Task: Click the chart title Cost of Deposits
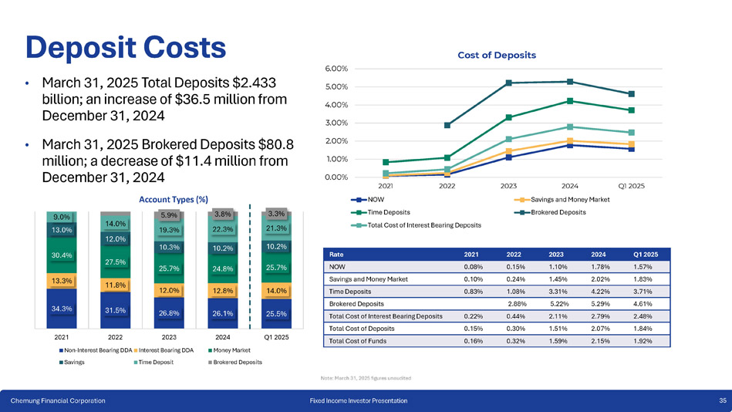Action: coord(497,55)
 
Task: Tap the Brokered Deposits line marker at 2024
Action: coord(570,82)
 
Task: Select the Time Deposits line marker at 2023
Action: coord(509,117)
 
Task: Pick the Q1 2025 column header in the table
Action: coord(645,254)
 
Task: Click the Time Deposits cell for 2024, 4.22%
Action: coord(602,292)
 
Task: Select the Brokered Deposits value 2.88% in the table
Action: coord(518,304)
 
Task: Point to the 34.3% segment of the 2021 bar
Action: coord(62,309)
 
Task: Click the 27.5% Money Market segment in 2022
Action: coord(116,262)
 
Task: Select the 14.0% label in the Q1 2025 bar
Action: coord(276,291)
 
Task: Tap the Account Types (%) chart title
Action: coord(168,199)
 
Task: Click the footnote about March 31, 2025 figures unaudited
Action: coord(365,377)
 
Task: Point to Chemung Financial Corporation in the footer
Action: coord(58,400)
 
